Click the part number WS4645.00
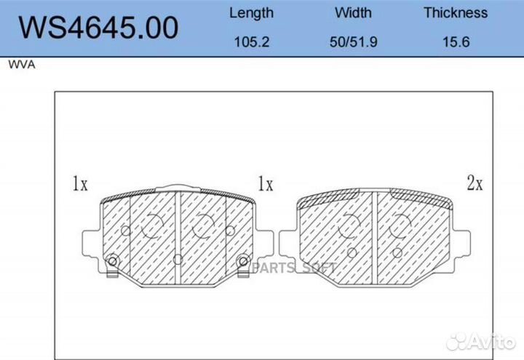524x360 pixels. [x=98, y=28]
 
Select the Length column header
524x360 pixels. [x=251, y=13]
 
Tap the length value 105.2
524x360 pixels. [x=252, y=42]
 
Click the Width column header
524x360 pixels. [x=353, y=12]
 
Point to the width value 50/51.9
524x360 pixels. [x=354, y=42]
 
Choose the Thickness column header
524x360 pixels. [x=456, y=12]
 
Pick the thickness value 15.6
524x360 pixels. [x=456, y=42]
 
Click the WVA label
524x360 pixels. [x=22, y=65]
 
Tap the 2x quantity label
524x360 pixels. [x=475, y=183]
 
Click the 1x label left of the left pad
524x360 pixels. [x=80, y=183]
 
